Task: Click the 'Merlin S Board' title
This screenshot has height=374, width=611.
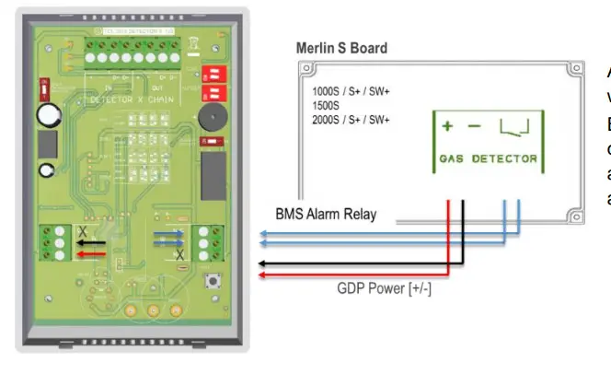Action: click(342, 48)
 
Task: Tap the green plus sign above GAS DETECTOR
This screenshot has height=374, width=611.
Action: click(448, 126)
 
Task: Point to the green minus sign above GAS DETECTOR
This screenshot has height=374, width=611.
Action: click(474, 126)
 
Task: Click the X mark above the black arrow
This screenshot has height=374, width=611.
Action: click(82, 229)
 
